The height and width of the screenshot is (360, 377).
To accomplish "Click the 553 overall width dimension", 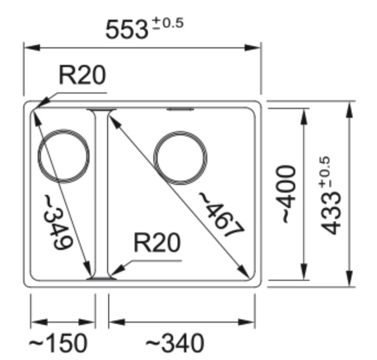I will click(127, 29).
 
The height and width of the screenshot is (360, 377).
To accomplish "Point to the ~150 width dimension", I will click(58, 344).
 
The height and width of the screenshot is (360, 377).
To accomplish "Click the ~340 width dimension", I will click(175, 344).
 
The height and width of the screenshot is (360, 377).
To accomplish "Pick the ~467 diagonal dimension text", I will click(220, 214).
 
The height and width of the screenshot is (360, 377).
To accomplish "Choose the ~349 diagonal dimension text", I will click(60, 222).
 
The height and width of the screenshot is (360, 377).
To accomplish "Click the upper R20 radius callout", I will click(82, 76).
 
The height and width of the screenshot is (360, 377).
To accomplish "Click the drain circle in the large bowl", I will click(181, 158).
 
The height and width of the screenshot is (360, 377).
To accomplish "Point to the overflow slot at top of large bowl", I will click(180, 110).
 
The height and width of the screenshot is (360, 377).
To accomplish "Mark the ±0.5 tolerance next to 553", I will click(167, 23).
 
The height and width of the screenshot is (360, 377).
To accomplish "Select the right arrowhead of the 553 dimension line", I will click(256, 47).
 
